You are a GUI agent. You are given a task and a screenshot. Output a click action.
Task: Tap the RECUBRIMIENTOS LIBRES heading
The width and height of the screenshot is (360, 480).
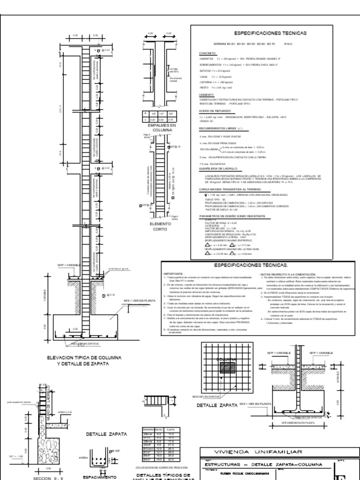(219, 127)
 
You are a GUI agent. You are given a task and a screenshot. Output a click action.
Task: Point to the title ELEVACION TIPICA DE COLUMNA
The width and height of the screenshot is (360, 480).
(84, 358)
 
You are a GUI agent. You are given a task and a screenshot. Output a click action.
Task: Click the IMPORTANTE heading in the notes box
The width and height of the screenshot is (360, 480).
(173, 274)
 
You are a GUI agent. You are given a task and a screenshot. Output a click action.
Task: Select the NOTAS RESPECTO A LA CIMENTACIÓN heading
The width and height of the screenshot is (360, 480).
(285, 274)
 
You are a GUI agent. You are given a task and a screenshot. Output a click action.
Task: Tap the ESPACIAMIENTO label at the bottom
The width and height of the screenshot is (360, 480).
(99, 477)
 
